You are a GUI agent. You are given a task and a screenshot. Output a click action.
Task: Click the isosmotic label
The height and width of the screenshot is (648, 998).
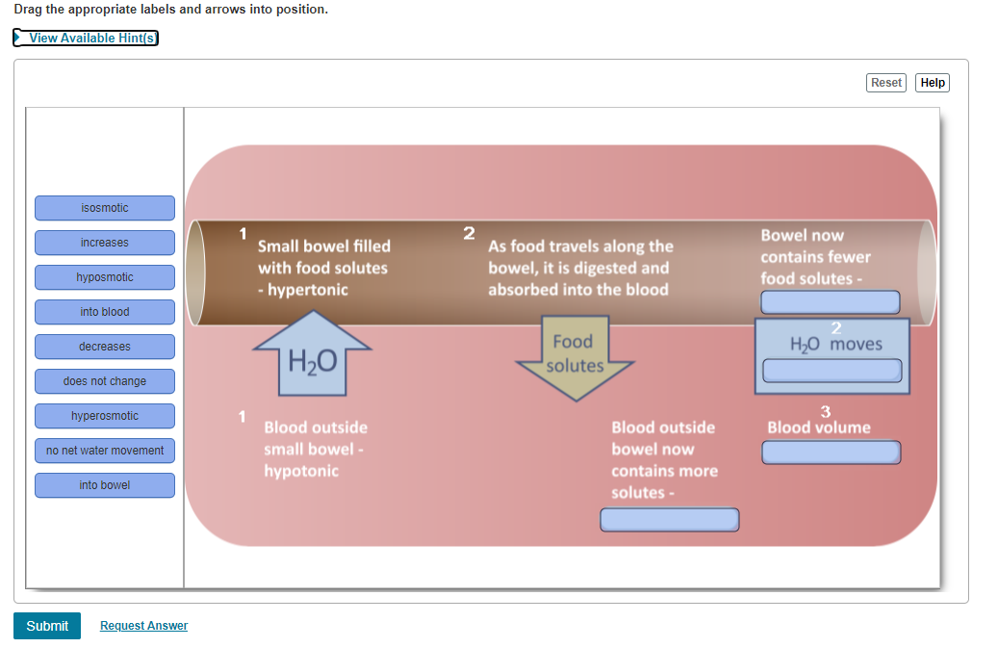pyautogui.click(x=105, y=208)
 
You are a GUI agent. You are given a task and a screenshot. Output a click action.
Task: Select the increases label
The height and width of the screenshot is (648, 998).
pyautogui.click(x=105, y=243)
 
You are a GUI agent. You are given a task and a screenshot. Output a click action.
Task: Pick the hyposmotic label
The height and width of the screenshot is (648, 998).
pyautogui.click(x=105, y=277)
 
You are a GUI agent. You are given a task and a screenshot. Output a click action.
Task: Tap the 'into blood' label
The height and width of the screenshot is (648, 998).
pyautogui.click(x=105, y=312)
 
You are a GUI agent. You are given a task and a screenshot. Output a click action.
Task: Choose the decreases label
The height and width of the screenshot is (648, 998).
pyautogui.click(x=105, y=347)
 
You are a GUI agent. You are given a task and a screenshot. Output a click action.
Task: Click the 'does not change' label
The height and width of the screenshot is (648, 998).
pyautogui.click(x=105, y=381)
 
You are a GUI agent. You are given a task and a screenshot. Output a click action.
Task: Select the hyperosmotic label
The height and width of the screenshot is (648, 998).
pyautogui.click(x=105, y=416)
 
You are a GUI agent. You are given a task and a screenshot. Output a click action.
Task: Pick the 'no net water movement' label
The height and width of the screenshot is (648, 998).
pyautogui.click(x=105, y=451)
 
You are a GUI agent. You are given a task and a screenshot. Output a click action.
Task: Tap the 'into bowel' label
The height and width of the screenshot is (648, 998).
pyautogui.click(x=105, y=485)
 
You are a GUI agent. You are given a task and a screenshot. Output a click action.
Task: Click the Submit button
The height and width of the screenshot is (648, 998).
pyautogui.click(x=47, y=626)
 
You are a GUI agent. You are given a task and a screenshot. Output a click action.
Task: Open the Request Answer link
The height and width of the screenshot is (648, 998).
pyautogui.click(x=143, y=626)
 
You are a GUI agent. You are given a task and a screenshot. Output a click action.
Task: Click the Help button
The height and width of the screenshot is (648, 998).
pyautogui.click(x=932, y=83)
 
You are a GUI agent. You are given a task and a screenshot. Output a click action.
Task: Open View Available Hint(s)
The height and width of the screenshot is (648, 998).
pyautogui.click(x=86, y=38)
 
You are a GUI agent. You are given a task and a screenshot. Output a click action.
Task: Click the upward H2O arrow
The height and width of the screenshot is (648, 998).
pyautogui.click(x=312, y=356)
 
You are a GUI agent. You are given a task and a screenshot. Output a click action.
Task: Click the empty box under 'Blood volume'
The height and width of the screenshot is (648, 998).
pyautogui.click(x=832, y=453)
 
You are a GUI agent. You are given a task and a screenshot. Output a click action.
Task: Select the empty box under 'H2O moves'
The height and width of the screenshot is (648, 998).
pyautogui.click(x=832, y=371)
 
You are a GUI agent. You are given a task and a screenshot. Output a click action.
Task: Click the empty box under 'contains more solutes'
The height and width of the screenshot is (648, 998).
pyautogui.click(x=670, y=520)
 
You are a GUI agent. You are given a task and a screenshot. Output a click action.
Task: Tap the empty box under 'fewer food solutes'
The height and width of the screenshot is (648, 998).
pyautogui.click(x=831, y=302)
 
